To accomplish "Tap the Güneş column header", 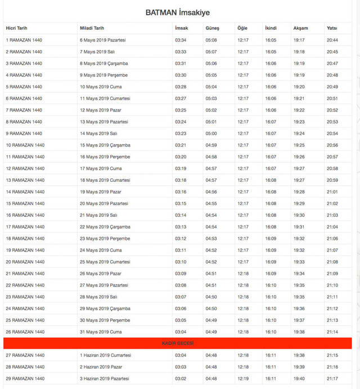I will point(212,28).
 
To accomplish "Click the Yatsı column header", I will point(332,28).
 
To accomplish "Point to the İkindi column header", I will point(271,28).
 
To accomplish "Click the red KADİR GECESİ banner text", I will point(177,343).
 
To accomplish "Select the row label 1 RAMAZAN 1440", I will point(24,40).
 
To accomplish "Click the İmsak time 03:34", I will point(181,40).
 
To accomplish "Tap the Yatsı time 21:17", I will point(332,378).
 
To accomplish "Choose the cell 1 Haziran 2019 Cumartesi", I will point(105,355).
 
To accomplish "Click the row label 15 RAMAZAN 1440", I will point(25,203).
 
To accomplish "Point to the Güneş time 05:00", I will point(211,133).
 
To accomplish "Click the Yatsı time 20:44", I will point(332,40).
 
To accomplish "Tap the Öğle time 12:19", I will point(243,378).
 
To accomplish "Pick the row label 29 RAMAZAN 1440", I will point(25,378).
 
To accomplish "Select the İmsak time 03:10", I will point(181,262).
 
